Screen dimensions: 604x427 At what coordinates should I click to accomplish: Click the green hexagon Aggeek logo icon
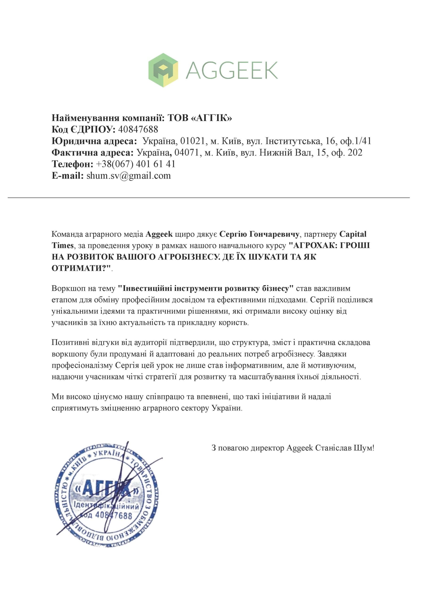163,70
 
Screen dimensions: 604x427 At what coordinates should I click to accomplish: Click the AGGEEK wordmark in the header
232,70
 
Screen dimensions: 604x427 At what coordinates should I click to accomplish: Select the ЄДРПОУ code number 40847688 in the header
138,129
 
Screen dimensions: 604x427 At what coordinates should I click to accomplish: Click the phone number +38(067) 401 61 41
136,164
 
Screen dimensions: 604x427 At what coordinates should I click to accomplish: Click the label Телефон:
72,164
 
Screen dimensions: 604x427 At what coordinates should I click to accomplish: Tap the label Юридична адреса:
94,141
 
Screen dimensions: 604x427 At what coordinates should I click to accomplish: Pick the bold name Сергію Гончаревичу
259,234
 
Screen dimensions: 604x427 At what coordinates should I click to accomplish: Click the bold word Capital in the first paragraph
353,234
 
